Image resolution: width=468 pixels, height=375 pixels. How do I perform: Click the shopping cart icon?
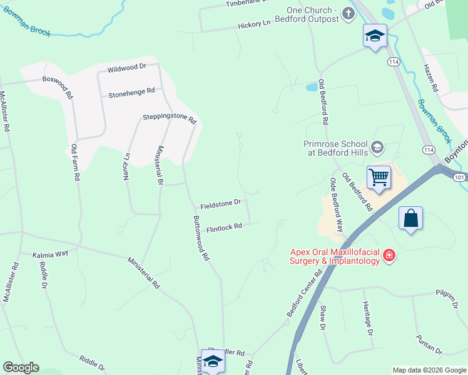coord(379,177)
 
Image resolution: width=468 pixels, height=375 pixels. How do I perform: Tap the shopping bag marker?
coord(410,219)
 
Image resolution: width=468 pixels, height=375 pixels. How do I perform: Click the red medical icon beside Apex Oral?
coord(389,255)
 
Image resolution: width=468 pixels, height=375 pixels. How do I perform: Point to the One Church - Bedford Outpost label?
coord(312,14)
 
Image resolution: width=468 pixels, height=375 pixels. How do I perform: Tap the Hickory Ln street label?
coord(253,24)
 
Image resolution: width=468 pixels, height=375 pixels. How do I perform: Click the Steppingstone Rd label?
coord(170,117)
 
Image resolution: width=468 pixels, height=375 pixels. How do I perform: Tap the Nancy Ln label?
coord(126,162)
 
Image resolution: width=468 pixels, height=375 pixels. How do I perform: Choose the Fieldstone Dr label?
coord(221,203)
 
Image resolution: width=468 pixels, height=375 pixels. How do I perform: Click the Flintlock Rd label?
coord(224,228)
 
